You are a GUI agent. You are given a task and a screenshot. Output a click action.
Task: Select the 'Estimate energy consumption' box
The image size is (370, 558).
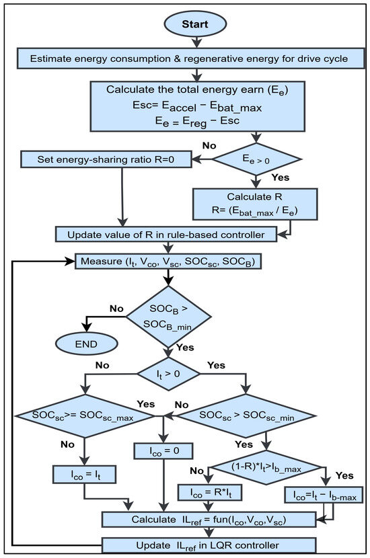[184, 58]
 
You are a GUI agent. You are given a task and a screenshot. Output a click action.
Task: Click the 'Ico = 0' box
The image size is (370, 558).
[163, 450]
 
